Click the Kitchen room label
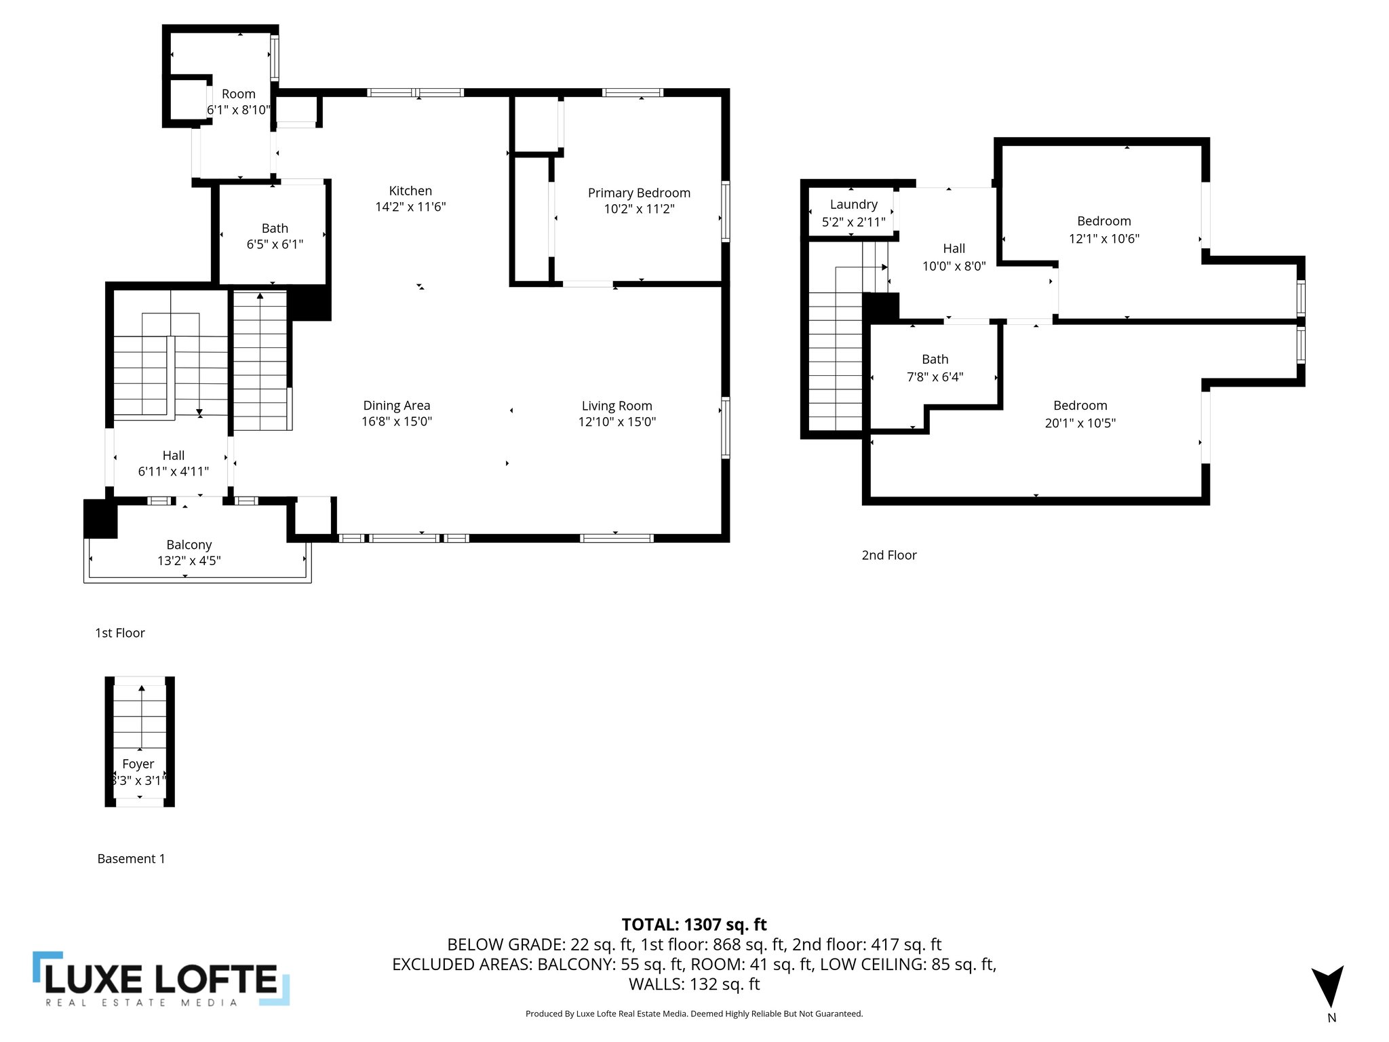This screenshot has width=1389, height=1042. click(410, 191)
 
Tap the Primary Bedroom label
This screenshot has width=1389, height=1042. click(639, 193)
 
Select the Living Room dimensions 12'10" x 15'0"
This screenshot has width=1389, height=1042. click(617, 422)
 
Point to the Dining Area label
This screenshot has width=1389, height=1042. click(397, 406)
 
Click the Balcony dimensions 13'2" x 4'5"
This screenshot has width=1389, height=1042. click(189, 561)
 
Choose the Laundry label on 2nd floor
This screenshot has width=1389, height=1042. click(853, 204)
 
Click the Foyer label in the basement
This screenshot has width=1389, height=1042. click(138, 764)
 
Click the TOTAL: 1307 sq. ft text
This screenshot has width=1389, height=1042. click(694, 925)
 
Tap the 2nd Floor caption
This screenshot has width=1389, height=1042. click(888, 555)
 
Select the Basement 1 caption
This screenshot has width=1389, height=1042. click(131, 859)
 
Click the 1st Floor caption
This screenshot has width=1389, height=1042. click(120, 633)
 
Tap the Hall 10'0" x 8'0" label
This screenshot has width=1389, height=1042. click(954, 257)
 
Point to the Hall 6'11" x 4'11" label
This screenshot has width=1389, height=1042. click(173, 463)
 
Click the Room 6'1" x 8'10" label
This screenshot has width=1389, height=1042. click(239, 102)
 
